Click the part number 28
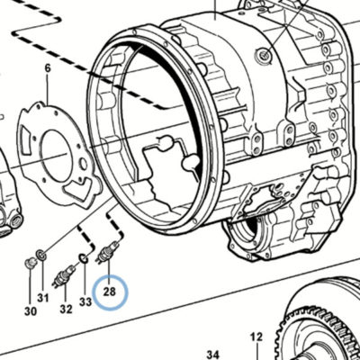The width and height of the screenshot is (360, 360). (110, 292)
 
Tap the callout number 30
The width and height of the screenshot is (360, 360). (31, 311)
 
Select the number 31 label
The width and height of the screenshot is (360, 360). (43, 298)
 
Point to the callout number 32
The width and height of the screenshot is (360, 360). (66, 309)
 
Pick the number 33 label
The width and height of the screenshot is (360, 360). (85, 301)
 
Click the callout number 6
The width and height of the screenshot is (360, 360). (48, 68)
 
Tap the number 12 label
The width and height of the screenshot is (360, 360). (256, 337)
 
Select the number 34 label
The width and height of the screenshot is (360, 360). (213, 355)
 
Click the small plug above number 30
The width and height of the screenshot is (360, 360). (31, 263)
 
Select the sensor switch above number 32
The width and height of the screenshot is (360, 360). (63, 275)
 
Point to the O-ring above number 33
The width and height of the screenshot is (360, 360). (84, 258)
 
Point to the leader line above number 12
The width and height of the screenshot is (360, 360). (257, 351)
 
